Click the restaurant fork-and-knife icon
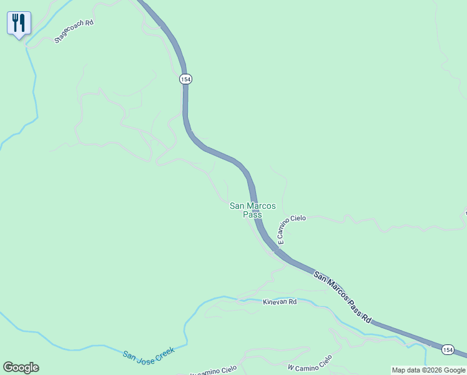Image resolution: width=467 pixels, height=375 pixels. point(19,24)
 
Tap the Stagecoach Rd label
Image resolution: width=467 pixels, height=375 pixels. point(74,31)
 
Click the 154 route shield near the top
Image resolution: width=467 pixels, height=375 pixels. point(185,79)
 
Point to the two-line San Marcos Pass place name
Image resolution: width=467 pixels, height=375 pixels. point(252,210)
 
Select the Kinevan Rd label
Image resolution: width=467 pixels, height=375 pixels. point(279,301)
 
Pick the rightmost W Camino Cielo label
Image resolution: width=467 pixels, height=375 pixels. point(310,363)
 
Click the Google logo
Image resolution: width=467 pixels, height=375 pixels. point(21,367)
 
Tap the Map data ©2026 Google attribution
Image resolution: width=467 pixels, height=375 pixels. point(429,370)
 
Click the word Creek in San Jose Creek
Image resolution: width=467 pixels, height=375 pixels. point(164,350)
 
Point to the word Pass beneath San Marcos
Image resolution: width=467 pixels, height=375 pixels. point(252,214)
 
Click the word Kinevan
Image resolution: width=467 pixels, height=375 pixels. point(275,301)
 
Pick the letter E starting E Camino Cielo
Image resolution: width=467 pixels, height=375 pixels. point(280,241)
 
